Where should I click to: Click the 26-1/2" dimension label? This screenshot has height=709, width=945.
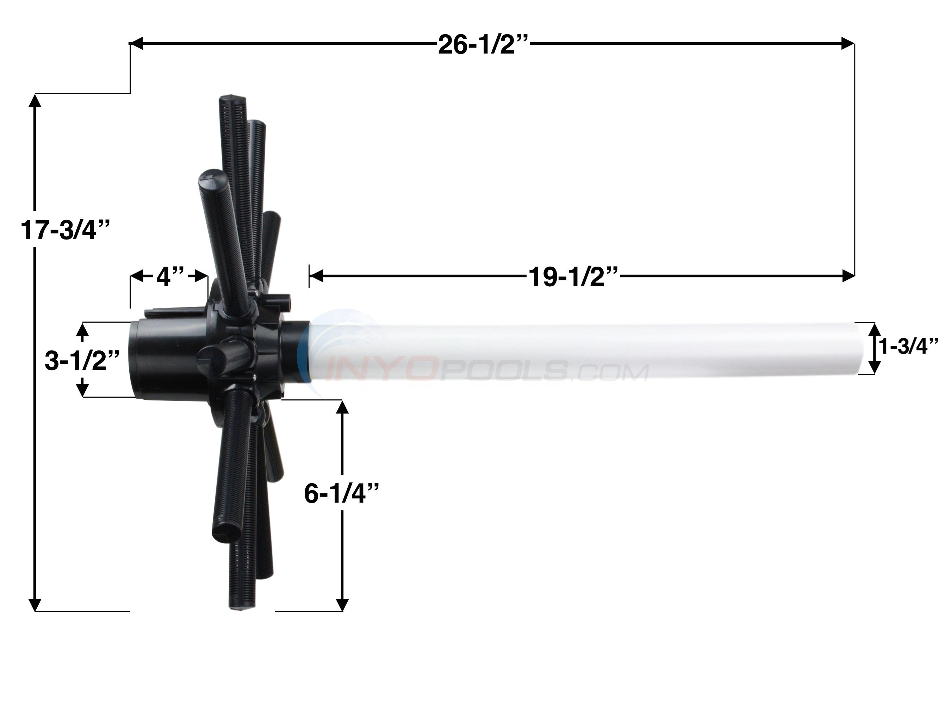(x=483, y=44)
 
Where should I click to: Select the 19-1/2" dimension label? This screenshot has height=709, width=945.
(x=573, y=277)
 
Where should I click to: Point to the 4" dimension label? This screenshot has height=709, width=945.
(x=170, y=277)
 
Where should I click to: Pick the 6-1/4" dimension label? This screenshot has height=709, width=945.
(x=341, y=494)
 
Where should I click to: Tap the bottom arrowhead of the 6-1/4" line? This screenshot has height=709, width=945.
(x=342, y=604)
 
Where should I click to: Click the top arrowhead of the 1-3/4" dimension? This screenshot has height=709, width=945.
(x=875, y=330)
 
